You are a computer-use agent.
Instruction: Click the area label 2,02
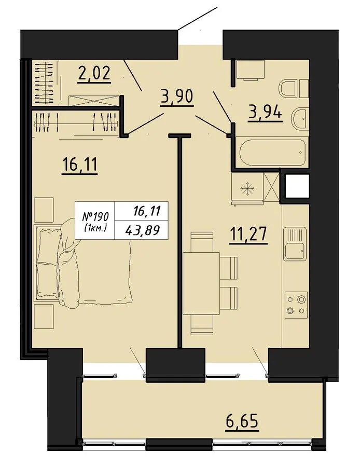(94, 74)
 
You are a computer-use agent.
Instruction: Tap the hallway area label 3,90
(177, 97)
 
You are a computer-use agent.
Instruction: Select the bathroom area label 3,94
(265, 114)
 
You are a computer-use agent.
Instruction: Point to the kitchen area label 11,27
(248, 235)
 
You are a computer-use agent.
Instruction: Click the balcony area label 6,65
(242, 422)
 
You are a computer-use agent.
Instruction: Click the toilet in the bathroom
(294, 88)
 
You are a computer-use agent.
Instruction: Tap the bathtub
(272, 152)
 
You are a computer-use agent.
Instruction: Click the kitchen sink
(295, 243)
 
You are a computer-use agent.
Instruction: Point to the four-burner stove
(296, 305)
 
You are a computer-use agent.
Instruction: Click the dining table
(201, 283)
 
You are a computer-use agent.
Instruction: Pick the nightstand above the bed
(44, 210)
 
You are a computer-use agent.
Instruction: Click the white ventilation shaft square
(297, 186)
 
